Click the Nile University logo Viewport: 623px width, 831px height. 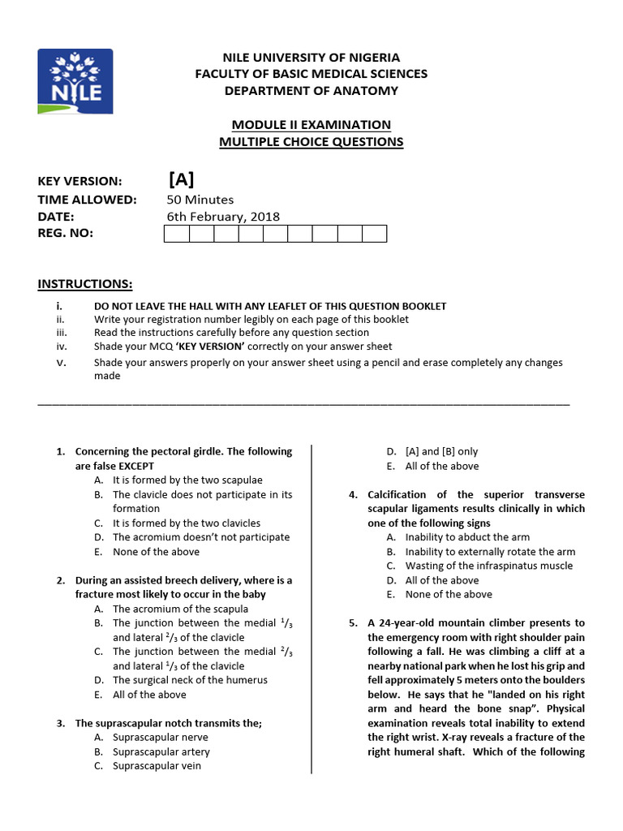[75, 81]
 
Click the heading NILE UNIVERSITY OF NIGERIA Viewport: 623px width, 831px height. [311, 58]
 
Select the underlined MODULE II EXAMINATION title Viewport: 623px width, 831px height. [311, 124]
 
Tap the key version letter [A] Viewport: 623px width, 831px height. [181, 179]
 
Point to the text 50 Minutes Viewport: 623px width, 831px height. [200, 200]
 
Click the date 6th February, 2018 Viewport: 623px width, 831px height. [223, 217]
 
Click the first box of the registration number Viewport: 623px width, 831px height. [176, 234]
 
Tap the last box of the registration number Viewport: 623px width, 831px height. [374, 234]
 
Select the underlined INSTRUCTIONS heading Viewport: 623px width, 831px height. [85, 283]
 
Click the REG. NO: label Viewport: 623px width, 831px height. [66, 234]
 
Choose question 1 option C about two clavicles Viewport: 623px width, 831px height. [187, 523]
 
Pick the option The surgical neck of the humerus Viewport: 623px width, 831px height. [190, 680]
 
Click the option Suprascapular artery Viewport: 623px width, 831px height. [161, 751]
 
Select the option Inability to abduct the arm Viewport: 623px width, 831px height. [467, 537]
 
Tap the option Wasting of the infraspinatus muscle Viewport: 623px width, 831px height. [488, 566]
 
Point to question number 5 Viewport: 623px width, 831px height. [353, 623]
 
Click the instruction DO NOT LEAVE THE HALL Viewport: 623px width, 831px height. [269, 306]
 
